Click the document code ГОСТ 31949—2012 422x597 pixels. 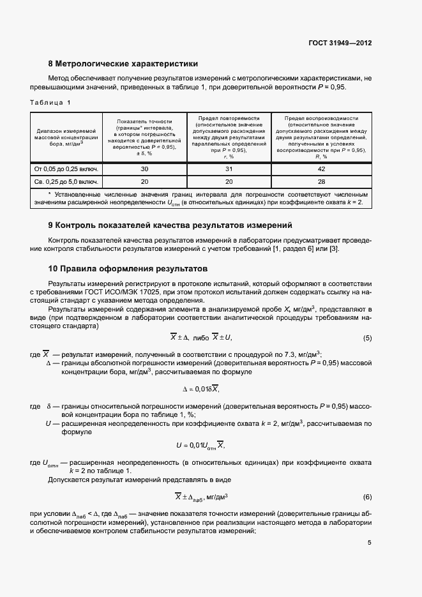(340, 43)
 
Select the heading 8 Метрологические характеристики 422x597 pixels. (123, 64)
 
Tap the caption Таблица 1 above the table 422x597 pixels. (50, 102)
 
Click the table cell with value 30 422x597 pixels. (144, 169)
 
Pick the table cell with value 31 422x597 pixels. (229, 169)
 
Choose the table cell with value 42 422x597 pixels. (320, 169)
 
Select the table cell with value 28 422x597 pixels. (320, 181)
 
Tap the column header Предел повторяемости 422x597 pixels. (229, 118)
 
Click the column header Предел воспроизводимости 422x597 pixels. (320, 118)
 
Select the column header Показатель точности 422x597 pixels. (144, 121)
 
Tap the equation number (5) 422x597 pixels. (367, 338)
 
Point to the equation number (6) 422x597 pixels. (367, 497)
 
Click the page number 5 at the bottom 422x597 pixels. (369, 543)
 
